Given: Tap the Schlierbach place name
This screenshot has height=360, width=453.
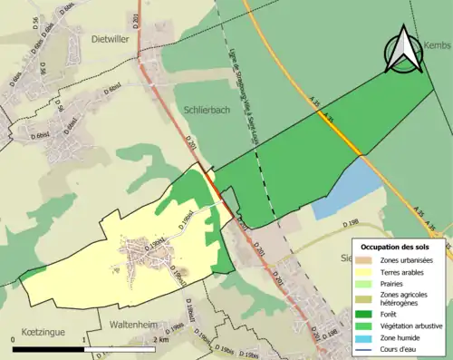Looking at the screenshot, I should (205, 106).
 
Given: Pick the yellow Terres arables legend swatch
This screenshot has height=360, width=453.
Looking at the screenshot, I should (368, 272).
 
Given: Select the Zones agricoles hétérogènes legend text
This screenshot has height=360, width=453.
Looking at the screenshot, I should (407, 299).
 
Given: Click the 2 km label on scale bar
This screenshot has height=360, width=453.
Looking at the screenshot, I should (160, 339).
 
